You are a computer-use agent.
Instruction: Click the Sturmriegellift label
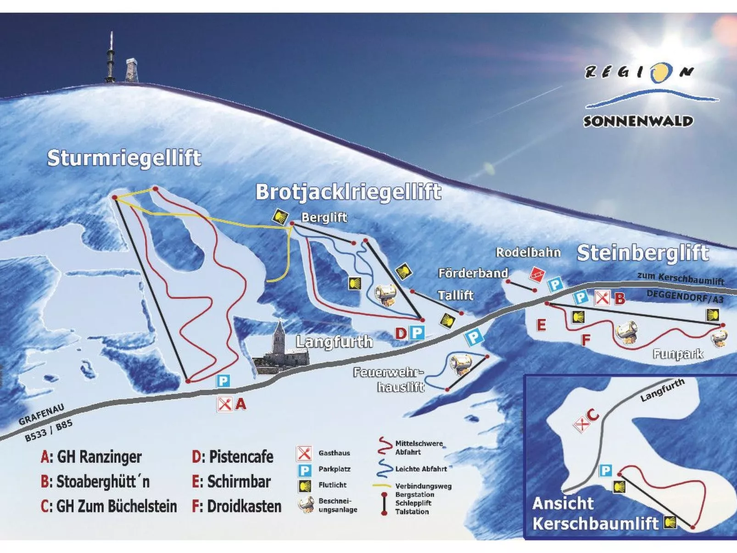click(124, 158)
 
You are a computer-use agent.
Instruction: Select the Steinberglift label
click(642, 253)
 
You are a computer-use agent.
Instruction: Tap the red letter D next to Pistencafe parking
click(401, 333)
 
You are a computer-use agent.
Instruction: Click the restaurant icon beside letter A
click(224, 404)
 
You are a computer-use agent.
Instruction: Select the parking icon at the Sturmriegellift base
click(223, 381)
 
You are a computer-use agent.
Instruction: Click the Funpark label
click(678, 354)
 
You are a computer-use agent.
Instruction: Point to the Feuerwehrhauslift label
click(389, 380)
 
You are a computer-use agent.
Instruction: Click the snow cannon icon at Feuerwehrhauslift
click(461, 364)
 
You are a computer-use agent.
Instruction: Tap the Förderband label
click(473, 274)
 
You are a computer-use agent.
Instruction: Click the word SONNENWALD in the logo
click(638, 122)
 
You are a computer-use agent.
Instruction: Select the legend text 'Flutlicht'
click(332, 485)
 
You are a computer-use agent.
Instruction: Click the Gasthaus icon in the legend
click(304, 453)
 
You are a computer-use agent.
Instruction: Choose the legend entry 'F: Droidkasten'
click(237, 506)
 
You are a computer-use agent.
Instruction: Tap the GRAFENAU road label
click(41, 415)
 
